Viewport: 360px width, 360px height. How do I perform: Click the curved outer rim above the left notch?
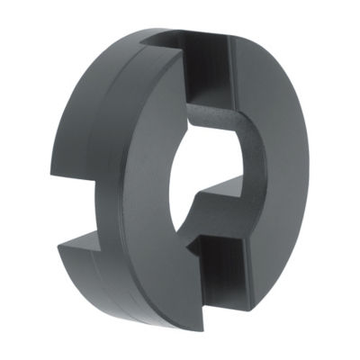81,117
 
